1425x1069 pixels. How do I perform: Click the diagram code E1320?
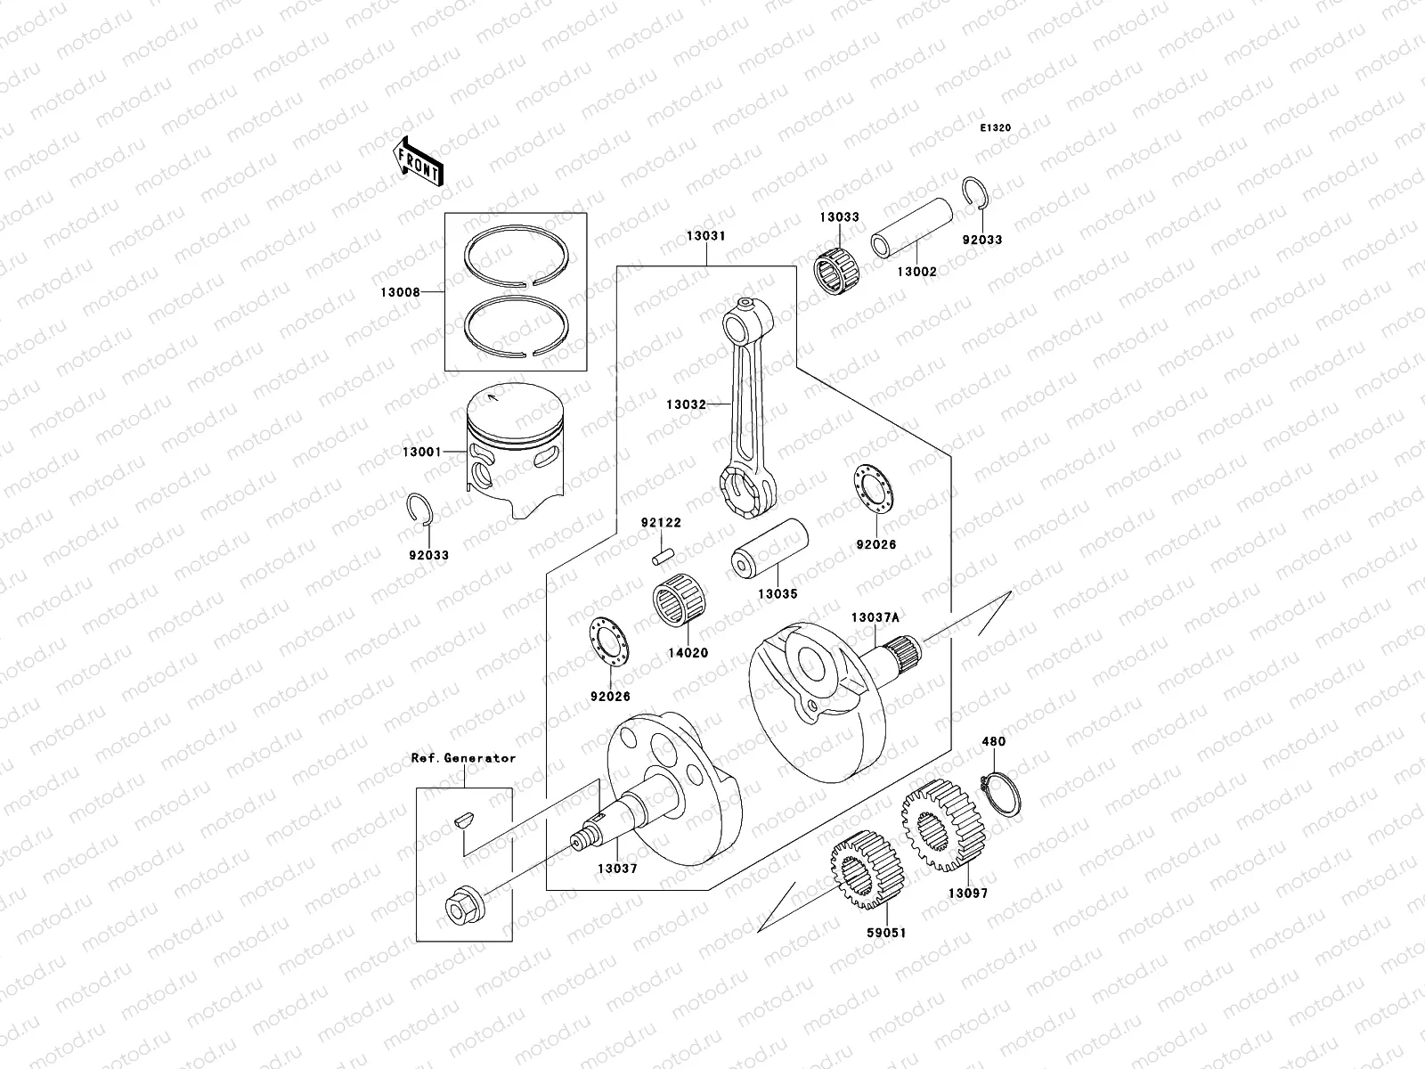(x=996, y=128)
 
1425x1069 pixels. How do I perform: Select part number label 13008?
(x=403, y=291)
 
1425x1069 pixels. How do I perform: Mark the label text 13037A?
(x=875, y=617)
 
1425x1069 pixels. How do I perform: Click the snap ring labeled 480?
(x=1001, y=793)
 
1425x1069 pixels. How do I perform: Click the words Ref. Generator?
(x=463, y=758)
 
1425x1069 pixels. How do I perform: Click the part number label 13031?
(x=705, y=236)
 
